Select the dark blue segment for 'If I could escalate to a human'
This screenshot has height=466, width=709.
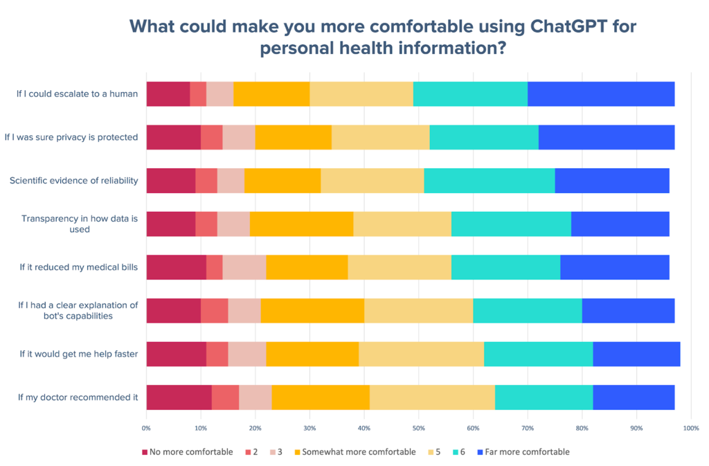tap(601, 93)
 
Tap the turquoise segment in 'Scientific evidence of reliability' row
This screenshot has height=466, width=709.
tap(489, 180)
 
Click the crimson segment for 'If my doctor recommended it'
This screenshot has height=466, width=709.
tap(179, 397)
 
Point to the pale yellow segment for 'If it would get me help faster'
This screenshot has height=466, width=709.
tap(421, 354)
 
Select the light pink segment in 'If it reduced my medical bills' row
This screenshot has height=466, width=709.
tap(244, 267)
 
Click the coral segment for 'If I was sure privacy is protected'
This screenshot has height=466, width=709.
tap(211, 137)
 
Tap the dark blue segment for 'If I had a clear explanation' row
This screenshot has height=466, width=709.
tap(628, 310)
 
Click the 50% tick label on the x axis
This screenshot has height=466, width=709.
tap(418, 429)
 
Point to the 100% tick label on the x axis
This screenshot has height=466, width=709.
tap(690, 429)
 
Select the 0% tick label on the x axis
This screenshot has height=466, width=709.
tap(146, 429)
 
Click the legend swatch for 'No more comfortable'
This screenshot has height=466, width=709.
tap(145, 452)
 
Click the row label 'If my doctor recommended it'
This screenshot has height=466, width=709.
tap(78, 397)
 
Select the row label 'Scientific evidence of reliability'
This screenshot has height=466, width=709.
tap(73, 180)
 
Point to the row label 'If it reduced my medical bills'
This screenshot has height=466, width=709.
tap(78, 267)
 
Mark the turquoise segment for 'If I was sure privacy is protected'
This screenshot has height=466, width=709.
tap(483, 137)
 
